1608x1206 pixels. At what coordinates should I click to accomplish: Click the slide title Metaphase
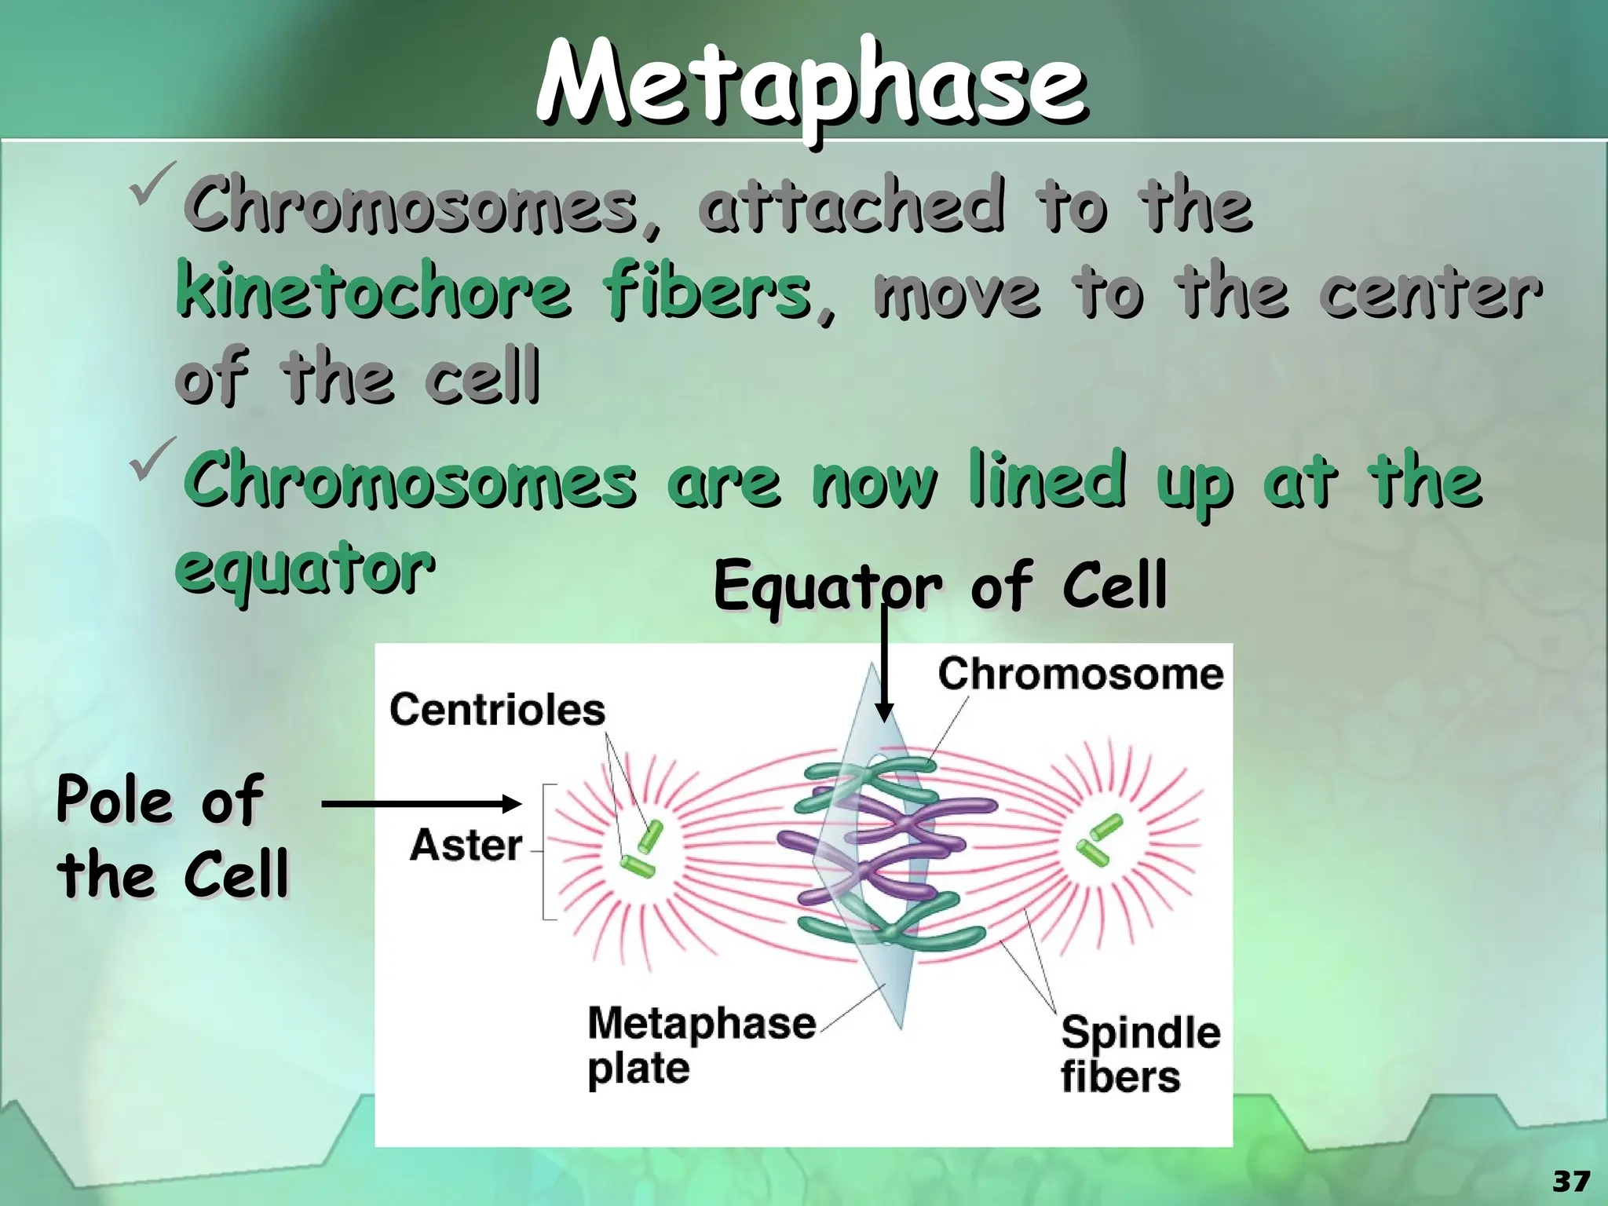(x=812, y=85)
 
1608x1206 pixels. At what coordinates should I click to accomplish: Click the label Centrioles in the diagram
(x=497, y=710)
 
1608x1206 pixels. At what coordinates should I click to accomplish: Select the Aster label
(x=466, y=846)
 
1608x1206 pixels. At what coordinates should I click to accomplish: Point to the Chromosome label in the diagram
(x=1080, y=674)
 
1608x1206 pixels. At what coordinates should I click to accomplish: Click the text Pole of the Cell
(x=173, y=835)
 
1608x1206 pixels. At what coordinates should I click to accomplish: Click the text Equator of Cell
(x=940, y=585)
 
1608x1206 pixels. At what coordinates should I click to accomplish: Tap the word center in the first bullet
(x=1430, y=292)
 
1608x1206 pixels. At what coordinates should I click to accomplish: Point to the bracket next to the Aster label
(x=547, y=851)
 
